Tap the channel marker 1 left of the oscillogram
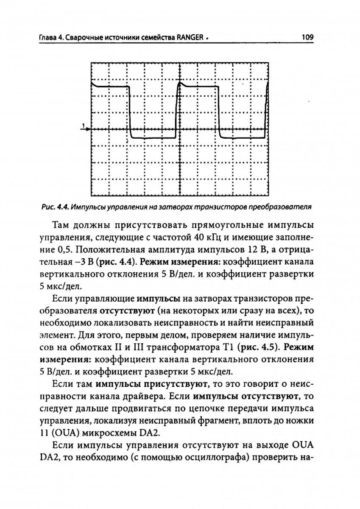[x=84, y=126]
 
